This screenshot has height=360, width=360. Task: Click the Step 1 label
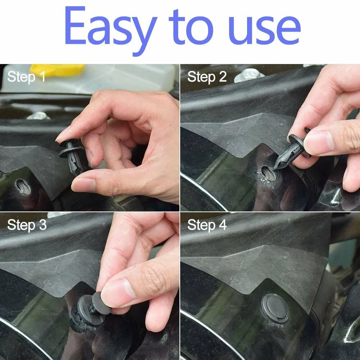26,77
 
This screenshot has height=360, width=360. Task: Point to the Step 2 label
207,77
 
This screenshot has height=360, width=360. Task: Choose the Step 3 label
27,225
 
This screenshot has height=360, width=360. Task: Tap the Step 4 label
207,225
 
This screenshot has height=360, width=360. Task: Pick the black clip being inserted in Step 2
293,149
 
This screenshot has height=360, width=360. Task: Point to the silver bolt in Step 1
38,116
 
